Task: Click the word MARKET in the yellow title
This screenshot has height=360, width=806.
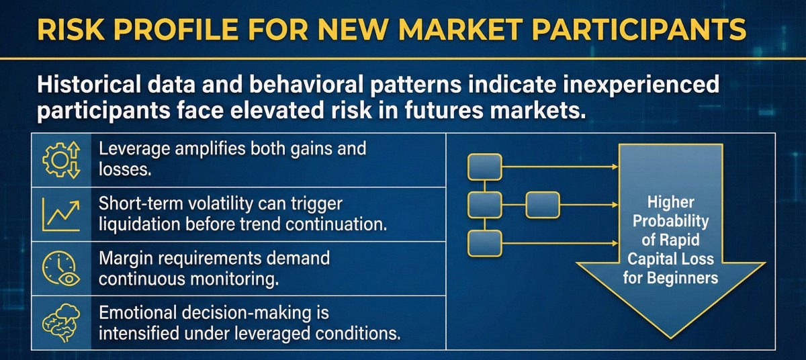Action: click(460, 29)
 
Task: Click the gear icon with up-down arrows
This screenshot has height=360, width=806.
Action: click(61, 160)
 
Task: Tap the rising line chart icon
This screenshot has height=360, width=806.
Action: click(61, 214)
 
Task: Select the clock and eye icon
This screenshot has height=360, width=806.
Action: click(61, 269)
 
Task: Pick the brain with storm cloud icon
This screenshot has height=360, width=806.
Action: click(61, 322)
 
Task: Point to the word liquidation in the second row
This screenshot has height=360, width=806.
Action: click(139, 224)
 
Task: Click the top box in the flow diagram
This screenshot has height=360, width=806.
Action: click(485, 167)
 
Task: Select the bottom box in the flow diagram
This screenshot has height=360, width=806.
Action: click(485, 244)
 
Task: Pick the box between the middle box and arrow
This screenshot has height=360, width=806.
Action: click(543, 205)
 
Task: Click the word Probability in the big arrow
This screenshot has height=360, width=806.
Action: click(671, 222)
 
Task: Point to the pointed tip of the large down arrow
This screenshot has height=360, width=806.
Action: click(670, 338)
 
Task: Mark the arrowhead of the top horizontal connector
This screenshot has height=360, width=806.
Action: click(615, 167)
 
